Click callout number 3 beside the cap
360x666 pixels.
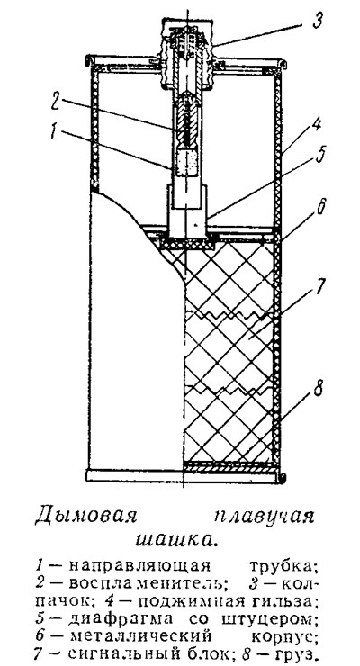318,21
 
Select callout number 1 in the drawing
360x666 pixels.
54,131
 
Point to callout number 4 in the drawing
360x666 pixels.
315,126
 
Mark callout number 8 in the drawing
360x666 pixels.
318,389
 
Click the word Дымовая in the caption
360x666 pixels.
85,517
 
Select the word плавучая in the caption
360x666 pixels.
263,518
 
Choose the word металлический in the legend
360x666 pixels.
140,636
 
